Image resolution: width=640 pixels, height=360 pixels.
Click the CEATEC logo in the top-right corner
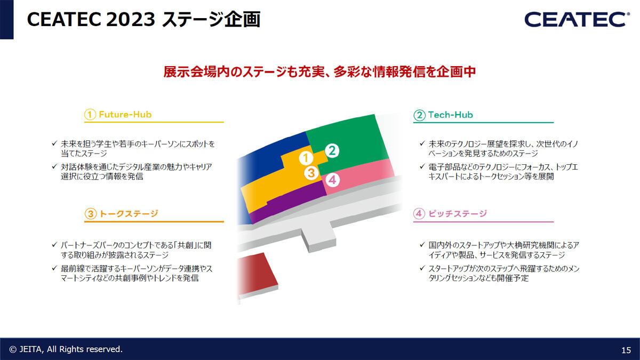[x=577, y=19]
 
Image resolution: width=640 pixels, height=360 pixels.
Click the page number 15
[x=626, y=350]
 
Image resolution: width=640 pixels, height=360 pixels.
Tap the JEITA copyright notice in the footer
[x=66, y=349]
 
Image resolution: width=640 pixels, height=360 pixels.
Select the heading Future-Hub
[x=125, y=115]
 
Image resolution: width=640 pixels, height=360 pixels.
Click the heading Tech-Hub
[x=450, y=115]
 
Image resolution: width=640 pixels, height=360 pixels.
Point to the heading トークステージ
[x=129, y=213]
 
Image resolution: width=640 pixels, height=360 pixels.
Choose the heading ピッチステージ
[x=458, y=213]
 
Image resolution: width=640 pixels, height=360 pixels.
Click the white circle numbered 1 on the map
[x=306, y=158]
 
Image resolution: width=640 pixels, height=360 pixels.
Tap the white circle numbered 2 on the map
[x=332, y=150]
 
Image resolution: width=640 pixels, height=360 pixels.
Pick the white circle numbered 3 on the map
[x=311, y=173]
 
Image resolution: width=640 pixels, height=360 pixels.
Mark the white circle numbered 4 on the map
[x=332, y=180]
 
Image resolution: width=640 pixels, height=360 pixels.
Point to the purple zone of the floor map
[x=289, y=202]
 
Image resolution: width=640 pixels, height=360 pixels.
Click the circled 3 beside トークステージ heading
[x=90, y=214]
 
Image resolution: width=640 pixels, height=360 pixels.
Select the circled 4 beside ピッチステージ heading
[x=419, y=214]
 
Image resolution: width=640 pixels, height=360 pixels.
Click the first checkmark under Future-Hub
[x=54, y=143]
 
